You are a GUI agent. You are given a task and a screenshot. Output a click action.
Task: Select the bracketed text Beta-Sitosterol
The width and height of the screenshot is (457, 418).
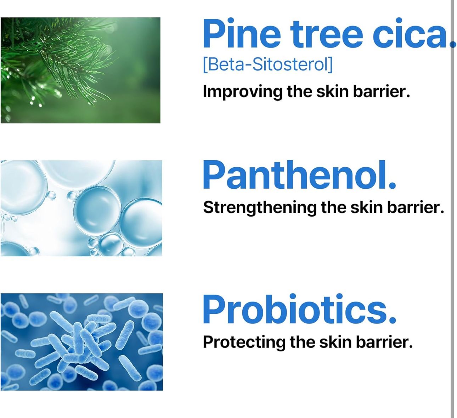(x=267, y=65)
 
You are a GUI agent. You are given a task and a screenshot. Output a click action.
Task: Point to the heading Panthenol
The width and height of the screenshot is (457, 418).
(x=299, y=174)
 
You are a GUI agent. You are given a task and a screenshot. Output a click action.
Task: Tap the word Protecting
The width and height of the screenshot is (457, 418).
(x=244, y=342)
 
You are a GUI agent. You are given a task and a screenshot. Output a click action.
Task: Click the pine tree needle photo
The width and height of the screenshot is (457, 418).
(x=80, y=70)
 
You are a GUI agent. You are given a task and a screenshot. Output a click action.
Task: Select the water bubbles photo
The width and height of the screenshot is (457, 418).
(x=81, y=208)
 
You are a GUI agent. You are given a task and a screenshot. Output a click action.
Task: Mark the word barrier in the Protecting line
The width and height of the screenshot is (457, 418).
(x=384, y=342)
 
